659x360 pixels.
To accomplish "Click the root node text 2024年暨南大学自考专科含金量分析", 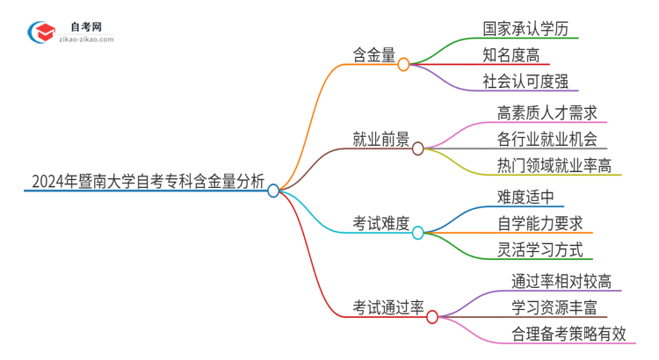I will coord(147,182).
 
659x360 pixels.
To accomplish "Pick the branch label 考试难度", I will coord(380,224).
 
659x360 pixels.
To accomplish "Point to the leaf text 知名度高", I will coord(511,56).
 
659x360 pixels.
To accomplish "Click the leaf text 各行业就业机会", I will coord(547,139).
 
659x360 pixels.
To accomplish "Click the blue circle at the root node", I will coord(273,190).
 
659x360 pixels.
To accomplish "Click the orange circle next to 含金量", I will coord(403,64).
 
